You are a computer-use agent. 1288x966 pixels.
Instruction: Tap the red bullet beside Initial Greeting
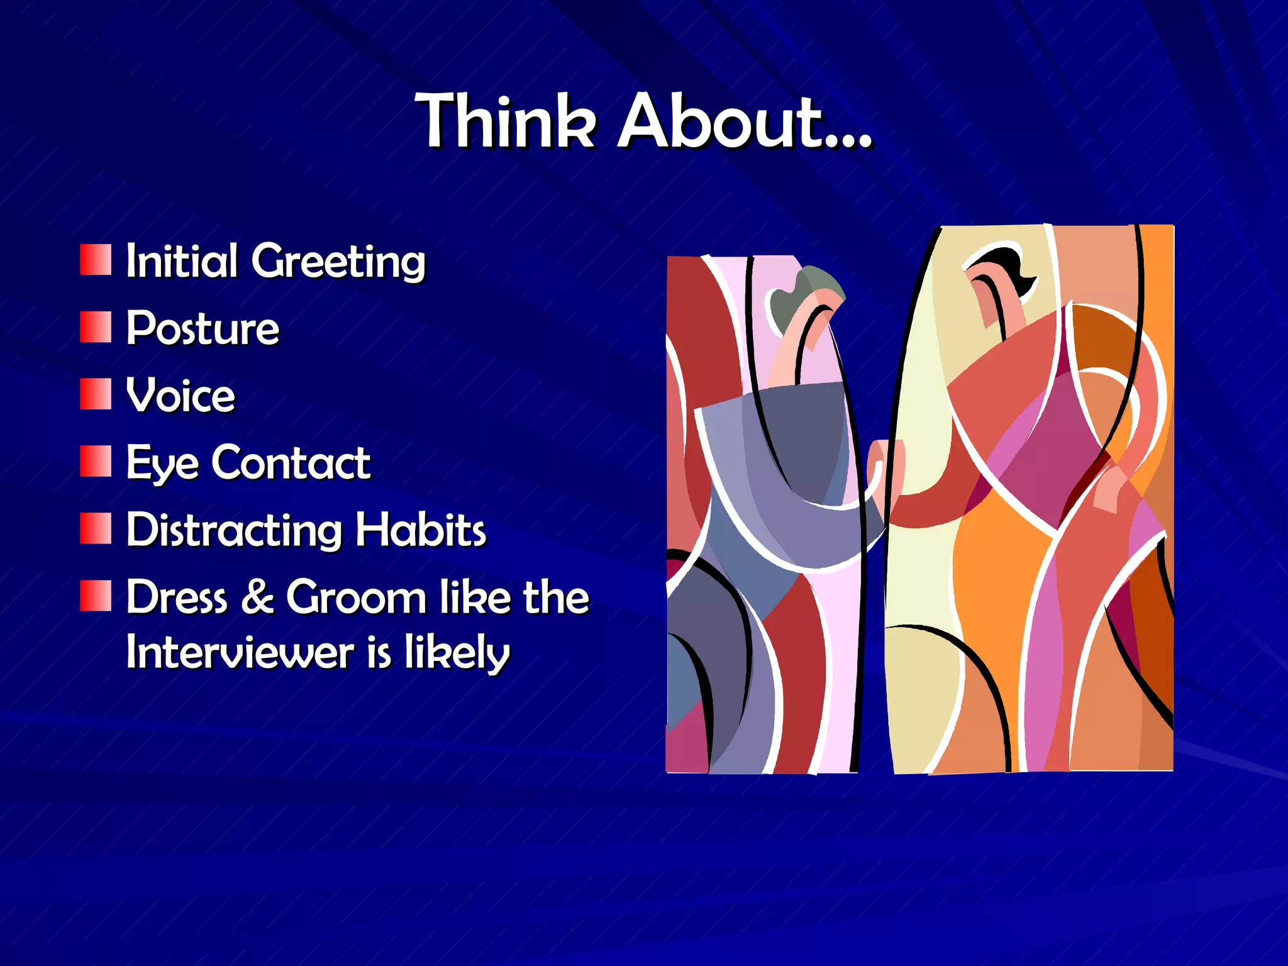pyautogui.click(x=96, y=260)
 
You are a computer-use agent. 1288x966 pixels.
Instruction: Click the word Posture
pyautogui.click(x=203, y=328)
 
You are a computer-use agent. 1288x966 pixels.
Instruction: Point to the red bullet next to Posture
pyautogui.click(x=96, y=328)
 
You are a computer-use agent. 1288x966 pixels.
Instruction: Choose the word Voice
pyautogui.click(x=180, y=396)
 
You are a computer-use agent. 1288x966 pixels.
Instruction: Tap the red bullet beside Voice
pyautogui.click(x=96, y=394)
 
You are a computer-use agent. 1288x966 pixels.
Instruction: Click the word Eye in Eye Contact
pyautogui.click(x=162, y=464)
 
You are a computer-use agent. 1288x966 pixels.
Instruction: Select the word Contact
pyautogui.click(x=291, y=463)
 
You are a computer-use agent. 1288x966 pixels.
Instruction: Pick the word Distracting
pyautogui.click(x=234, y=530)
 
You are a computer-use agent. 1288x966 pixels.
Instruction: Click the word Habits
pyautogui.click(x=420, y=530)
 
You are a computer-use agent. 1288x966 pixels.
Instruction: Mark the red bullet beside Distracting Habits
pyautogui.click(x=96, y=528)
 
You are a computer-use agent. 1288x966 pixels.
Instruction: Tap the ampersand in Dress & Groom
pyautogui.click(x=257, y=597)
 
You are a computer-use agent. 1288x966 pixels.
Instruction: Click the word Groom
pyautogui.click(x=356, y=597)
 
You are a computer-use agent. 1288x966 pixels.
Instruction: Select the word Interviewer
pyautogui.click(x=240, y=652)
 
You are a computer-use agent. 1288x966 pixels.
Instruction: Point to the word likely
pyautogui.click(x=457, y=653)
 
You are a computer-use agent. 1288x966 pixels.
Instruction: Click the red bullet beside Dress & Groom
pyautogui.click(x=96, y=596)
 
